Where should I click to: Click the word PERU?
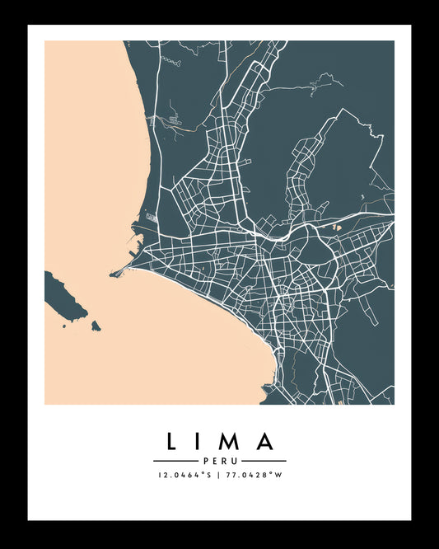click(219, 461)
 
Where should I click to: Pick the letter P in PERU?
click(205, 461)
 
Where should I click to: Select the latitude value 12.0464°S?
click(185, 475)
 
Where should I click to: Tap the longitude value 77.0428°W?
click(253, 475)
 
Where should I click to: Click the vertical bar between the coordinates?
click(219, 475)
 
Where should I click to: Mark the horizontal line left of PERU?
click(175, 461)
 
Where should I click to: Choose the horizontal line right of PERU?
click(264, 461)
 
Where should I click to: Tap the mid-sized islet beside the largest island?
click(96, 326)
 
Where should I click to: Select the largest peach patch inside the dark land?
click(335, 227)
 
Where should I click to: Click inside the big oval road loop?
click(314, 246)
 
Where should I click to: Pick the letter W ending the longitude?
click(278, 475)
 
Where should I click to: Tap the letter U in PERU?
click(233, 461)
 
